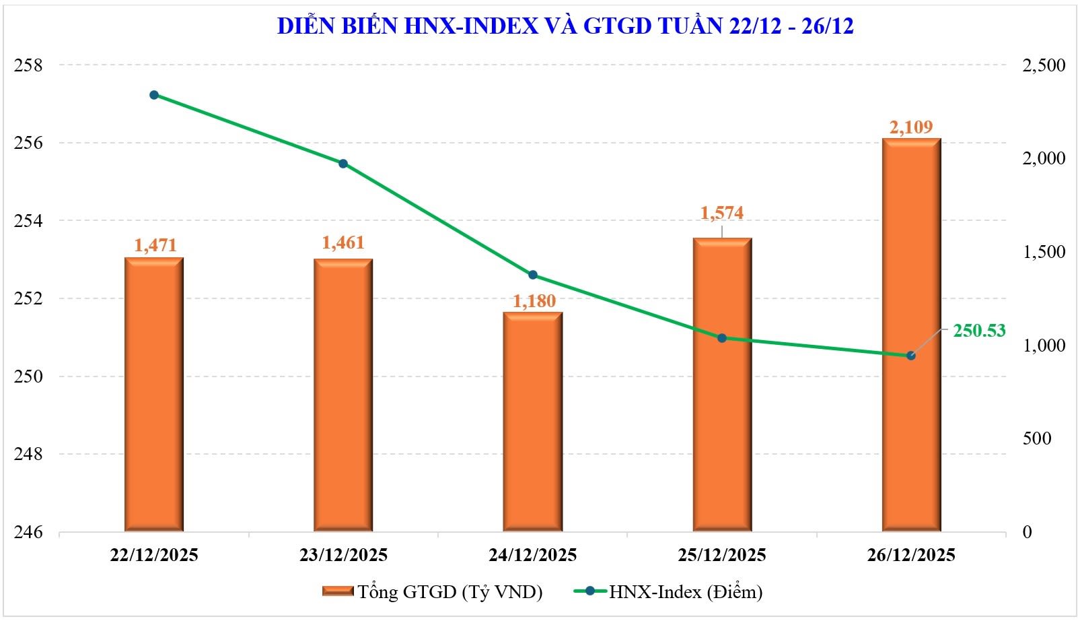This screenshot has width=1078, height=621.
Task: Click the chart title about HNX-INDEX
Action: tap(565, 26)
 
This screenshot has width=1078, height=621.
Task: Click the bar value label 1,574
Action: tap(722, 213)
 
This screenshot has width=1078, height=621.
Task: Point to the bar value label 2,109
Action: tap(911, 127)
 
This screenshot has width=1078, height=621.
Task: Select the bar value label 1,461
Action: tap(343, 242)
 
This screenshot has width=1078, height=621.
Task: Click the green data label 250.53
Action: tap(979, 330)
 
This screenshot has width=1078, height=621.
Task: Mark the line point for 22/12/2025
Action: tap(154, 95)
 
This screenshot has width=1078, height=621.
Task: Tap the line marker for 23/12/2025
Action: tap(343, 164)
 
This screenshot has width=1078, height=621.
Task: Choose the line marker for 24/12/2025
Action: tap(533, 275)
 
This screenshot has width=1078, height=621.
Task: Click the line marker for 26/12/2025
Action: tap(911, 356)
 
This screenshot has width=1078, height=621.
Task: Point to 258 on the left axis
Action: tap(28, 65)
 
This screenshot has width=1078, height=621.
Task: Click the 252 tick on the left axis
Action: tap(28, 298)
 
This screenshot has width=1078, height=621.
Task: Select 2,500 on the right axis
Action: tap(1044, 65)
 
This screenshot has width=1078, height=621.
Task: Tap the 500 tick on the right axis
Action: tap(1036, 438)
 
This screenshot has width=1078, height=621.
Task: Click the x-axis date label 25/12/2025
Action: tap(722, 555)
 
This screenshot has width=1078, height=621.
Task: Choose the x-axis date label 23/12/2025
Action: tap(343, 555)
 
